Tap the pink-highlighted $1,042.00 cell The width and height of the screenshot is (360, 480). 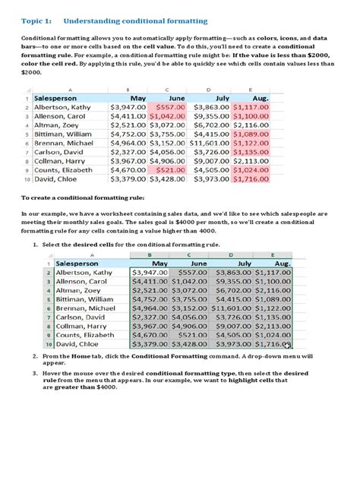pyautogui.click(x=167, y=119)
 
